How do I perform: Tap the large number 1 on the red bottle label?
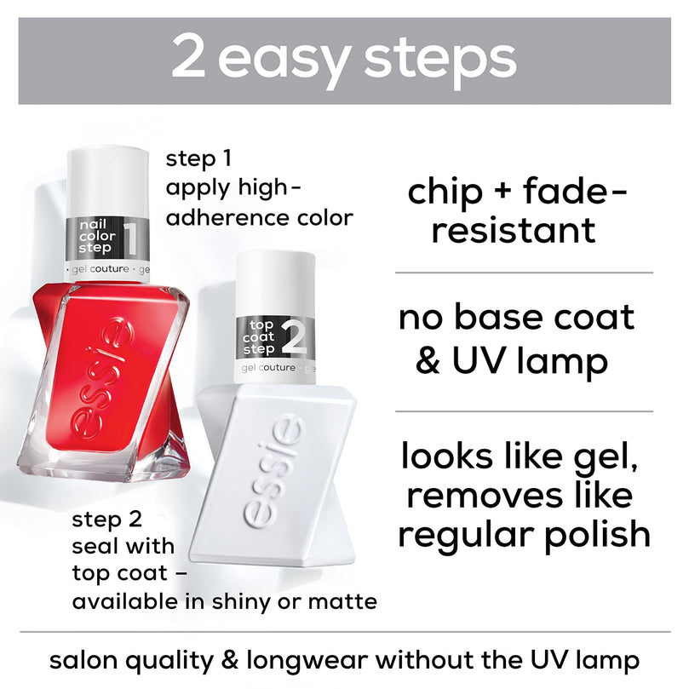[x=131, y=238]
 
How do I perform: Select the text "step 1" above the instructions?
[x=198, y=158]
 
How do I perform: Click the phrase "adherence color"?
[x=259, y=218]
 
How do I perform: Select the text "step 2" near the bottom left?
[x=106, y=519]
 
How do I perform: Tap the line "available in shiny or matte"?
[x=224, y=601]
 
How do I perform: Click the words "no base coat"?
[x=517, y=318]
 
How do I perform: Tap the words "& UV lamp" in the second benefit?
[x=512, y=360]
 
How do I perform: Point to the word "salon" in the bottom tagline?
[x=85, y=659]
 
